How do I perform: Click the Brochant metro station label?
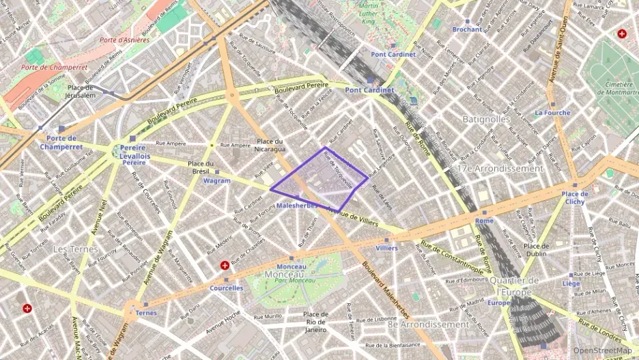(x=467, y=29)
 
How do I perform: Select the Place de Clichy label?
(x=574, y=198)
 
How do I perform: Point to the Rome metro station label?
(x=484, y=221)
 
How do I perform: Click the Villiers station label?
(x=386, y=248)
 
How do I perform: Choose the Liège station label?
(x=571, y=283)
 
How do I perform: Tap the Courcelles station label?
(x=226, y=288)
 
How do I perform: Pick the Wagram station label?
(x=216, y=181)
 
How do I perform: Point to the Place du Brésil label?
(x=201, y=167)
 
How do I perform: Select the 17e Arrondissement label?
(x=500, y=168)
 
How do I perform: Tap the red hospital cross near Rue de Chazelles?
(x=225, y=265)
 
